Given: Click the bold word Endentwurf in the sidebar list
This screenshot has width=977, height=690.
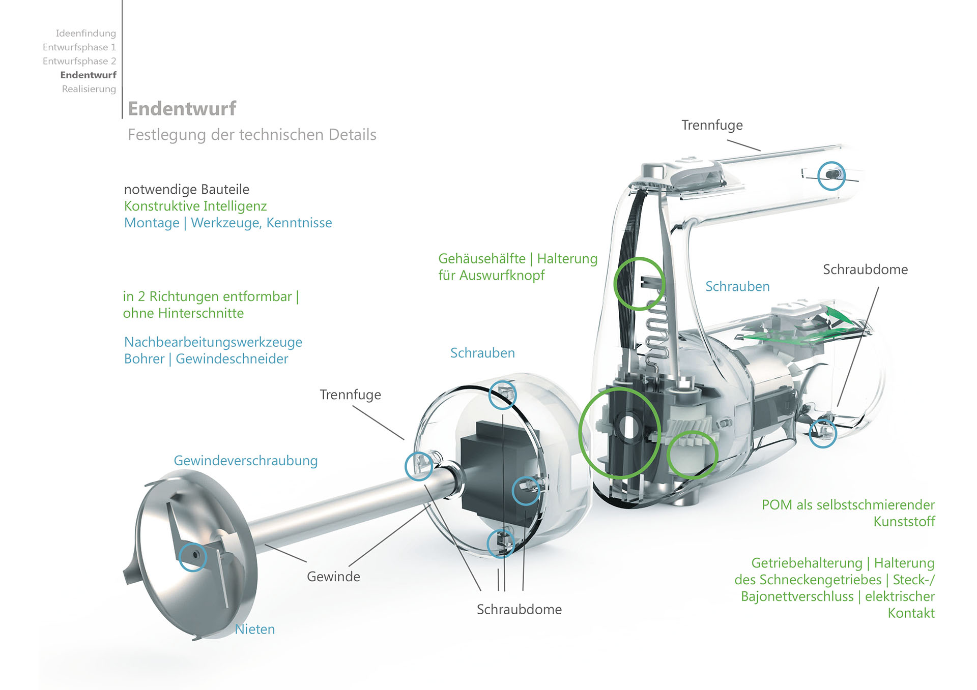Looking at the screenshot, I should (x=88, y=75).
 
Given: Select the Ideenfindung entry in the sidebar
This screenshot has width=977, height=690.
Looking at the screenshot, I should (x=85, y=33).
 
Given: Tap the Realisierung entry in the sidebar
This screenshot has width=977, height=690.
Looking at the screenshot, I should (x=89, y=89).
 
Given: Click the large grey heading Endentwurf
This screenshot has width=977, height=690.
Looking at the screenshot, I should (x=182, y=108).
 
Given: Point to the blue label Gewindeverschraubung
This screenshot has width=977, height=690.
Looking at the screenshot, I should (x=245, y=461).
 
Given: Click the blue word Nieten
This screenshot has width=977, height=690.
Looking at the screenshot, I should (x=254, y=629).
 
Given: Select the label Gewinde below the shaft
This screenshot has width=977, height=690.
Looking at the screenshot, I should (x=333, y=577).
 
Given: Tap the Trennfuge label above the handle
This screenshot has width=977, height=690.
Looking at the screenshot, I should (x=711, y=125).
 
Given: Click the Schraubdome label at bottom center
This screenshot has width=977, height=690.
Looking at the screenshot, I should (x=519, y=609).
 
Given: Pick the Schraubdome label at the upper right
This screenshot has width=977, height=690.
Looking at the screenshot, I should (x=865, y=269).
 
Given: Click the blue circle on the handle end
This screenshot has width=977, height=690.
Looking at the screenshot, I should (x=831, y=175).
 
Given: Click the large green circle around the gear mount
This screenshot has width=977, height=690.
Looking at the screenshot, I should (x=619, y=433).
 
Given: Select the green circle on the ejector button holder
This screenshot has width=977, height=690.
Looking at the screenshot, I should (x=639, y=283).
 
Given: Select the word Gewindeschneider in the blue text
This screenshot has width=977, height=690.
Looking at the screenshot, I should (x=232, y=359).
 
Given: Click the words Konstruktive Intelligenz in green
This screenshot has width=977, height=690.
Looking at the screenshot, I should (x=195, y=206).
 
